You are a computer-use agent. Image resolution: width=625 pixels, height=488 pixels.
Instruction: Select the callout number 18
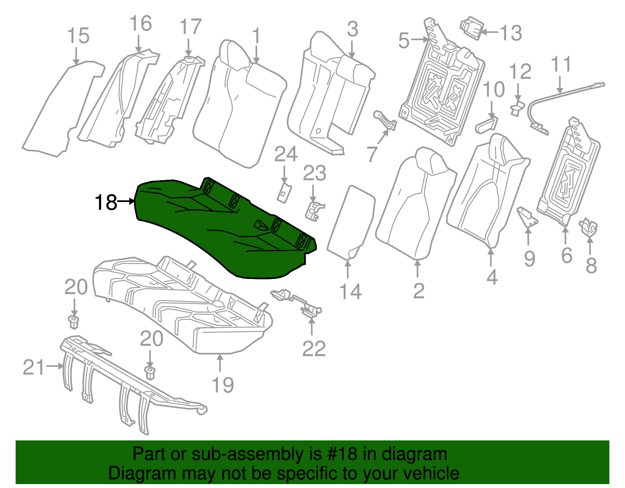[x=106, y=202]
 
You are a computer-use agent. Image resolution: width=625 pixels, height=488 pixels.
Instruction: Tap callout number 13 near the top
[x=511, y=33]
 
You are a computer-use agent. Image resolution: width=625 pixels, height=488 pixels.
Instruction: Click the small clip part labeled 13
[x=471, y=28]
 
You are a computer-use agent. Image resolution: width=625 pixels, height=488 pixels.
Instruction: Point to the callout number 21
[x=34, y=367]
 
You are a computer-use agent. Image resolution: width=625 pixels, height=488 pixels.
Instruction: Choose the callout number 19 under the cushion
[x=223, y=385]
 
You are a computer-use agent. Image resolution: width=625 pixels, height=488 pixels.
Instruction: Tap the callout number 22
[x=314, y=349]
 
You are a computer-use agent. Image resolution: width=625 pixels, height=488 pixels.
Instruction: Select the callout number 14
[x=351, y=291]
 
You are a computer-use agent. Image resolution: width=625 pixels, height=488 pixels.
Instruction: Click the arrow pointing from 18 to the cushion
[x=126, y=202]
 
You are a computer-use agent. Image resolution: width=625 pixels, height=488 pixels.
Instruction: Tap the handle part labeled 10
[x=487, y=125]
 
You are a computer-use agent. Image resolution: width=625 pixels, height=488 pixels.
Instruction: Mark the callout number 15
[x=78, y=36]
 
